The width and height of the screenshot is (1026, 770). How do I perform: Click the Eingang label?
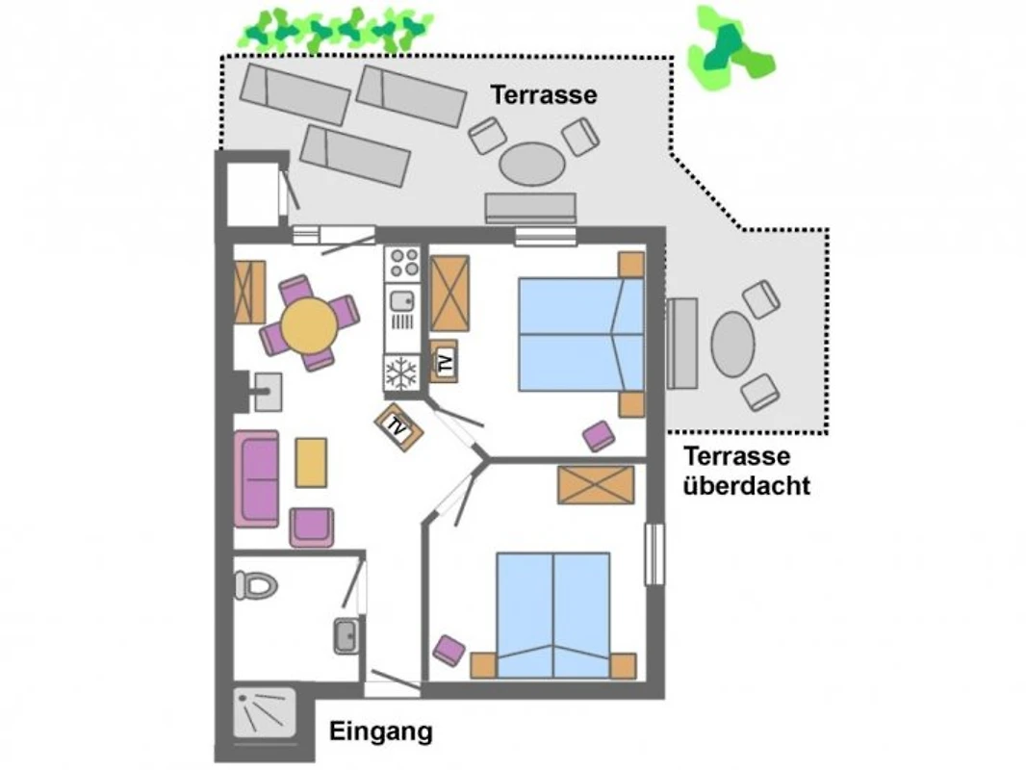(x=381, y=731)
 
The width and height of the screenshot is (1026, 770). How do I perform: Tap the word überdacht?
(x=747, y=485)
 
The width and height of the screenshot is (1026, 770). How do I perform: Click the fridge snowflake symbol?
(x=401, y=373)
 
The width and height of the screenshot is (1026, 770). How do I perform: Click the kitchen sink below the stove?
(x=401, y=301)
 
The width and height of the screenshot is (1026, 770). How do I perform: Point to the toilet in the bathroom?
(x=256, y=584)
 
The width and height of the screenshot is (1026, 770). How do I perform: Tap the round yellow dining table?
(x=310, y=325)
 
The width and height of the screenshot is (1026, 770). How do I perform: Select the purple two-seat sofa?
(x=257, y=479)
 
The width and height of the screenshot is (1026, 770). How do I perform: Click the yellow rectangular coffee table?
(x=311, y=463)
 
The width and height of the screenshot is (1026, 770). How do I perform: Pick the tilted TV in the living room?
(x=398, y=426)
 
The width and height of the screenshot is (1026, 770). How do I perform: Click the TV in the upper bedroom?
(x=445, y=361)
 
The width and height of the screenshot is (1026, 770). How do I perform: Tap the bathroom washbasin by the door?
(x=346, y=634)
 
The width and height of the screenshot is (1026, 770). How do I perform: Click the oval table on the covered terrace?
(x=732, y=345)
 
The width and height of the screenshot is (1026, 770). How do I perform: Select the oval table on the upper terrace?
(x=532, y=164)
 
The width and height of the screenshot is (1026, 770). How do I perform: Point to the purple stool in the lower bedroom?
(x=449, y=651)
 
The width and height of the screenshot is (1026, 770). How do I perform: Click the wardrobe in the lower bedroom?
(x=596, y=485)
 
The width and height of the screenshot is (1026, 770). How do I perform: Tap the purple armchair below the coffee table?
(x=312, y=526)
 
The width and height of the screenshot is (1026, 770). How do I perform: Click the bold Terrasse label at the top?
(x=545, y=95)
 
